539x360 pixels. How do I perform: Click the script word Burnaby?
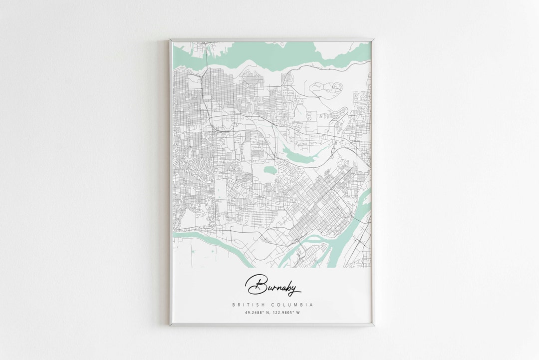point(272,286)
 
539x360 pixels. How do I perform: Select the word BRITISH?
point(248,305)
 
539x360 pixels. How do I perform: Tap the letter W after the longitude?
point(298,313)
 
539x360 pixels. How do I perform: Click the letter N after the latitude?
point(268,313)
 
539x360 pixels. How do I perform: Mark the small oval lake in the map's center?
point(270,170)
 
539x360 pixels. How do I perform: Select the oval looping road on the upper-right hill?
point(327,88)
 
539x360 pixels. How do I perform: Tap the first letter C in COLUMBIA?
point(272,305)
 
